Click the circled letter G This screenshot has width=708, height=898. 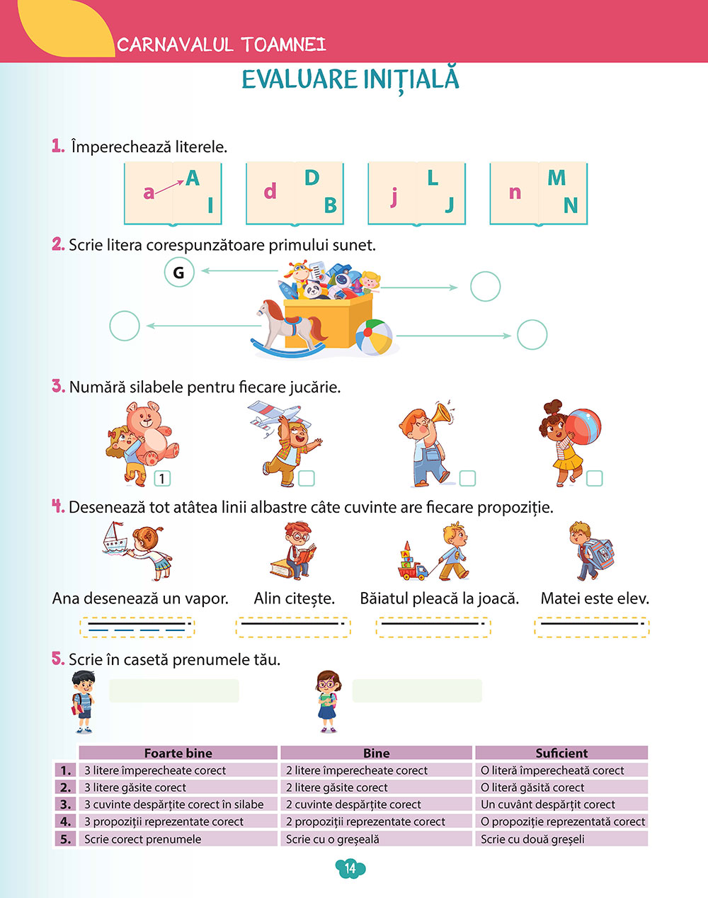pos(179,273)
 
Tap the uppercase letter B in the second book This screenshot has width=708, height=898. pos(330,205)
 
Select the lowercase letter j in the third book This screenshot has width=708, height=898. pos(394,196)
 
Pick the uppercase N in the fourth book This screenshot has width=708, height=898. pos(571,205)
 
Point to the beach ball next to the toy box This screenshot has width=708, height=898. pos(374,338)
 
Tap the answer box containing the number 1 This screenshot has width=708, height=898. pos(162,479)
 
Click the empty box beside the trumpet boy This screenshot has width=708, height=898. pos(467,479)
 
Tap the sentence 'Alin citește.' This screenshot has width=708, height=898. pos(295,598)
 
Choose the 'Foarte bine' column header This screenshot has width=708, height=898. pos(178,753)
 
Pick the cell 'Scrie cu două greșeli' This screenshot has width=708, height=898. pos(532,839)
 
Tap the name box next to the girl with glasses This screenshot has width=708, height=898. pos(416,690)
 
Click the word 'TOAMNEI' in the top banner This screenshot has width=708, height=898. pos(284,45)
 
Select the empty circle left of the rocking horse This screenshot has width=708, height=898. pos(125,326)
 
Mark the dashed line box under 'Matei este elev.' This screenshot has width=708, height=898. pos(591,627)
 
